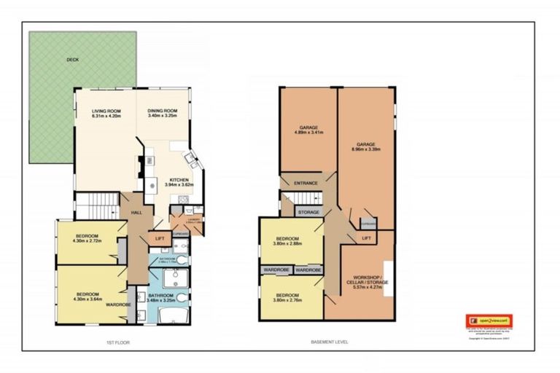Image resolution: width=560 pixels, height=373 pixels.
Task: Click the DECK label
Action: pos(71,60)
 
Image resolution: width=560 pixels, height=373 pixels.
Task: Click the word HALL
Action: pos(136,212)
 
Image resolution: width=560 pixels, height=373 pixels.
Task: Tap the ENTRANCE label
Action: pos(306,183)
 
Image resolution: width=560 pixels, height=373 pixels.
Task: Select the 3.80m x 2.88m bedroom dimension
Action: pos(289,244)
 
